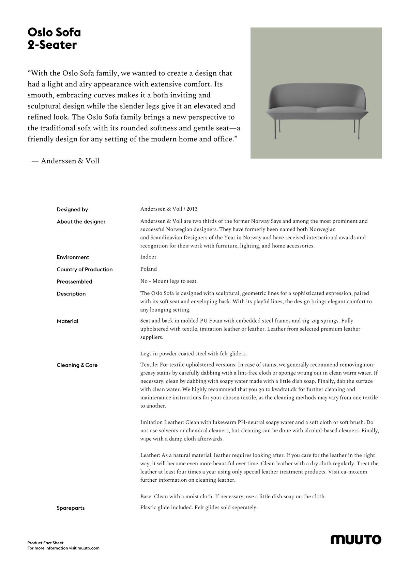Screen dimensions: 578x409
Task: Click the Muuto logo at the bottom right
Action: [x=356, y=540]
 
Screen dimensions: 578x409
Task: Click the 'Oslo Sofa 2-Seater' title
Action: [x=54, y=38]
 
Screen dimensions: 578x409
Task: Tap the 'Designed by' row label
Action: [x=72, y=209]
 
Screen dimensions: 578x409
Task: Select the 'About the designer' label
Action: [x=81, y=222]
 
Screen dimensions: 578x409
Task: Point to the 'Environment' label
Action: [x=73, y=257]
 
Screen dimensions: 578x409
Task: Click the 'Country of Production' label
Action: [x=85, y=269]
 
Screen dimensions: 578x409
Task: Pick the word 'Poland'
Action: [x=149, y=269]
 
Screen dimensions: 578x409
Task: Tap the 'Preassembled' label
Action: [x=74, y=282]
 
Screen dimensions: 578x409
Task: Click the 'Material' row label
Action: [x=67, y=321]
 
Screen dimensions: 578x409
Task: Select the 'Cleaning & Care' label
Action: [x=77, y=365]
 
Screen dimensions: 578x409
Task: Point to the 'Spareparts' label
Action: [x=71, y=508]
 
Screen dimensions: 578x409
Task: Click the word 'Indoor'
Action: [x=148, y=257]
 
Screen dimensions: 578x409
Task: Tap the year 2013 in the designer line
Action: [x=192, y=209]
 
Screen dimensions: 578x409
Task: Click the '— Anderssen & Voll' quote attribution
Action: [x=65, y=161]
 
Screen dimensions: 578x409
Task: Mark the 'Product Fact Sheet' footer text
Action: [x=45, y=543]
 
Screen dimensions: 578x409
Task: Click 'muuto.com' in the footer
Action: [x=88, y=548]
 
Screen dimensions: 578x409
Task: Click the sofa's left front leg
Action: [x=280, y=129]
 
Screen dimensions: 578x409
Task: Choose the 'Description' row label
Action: [x=71, y=294]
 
